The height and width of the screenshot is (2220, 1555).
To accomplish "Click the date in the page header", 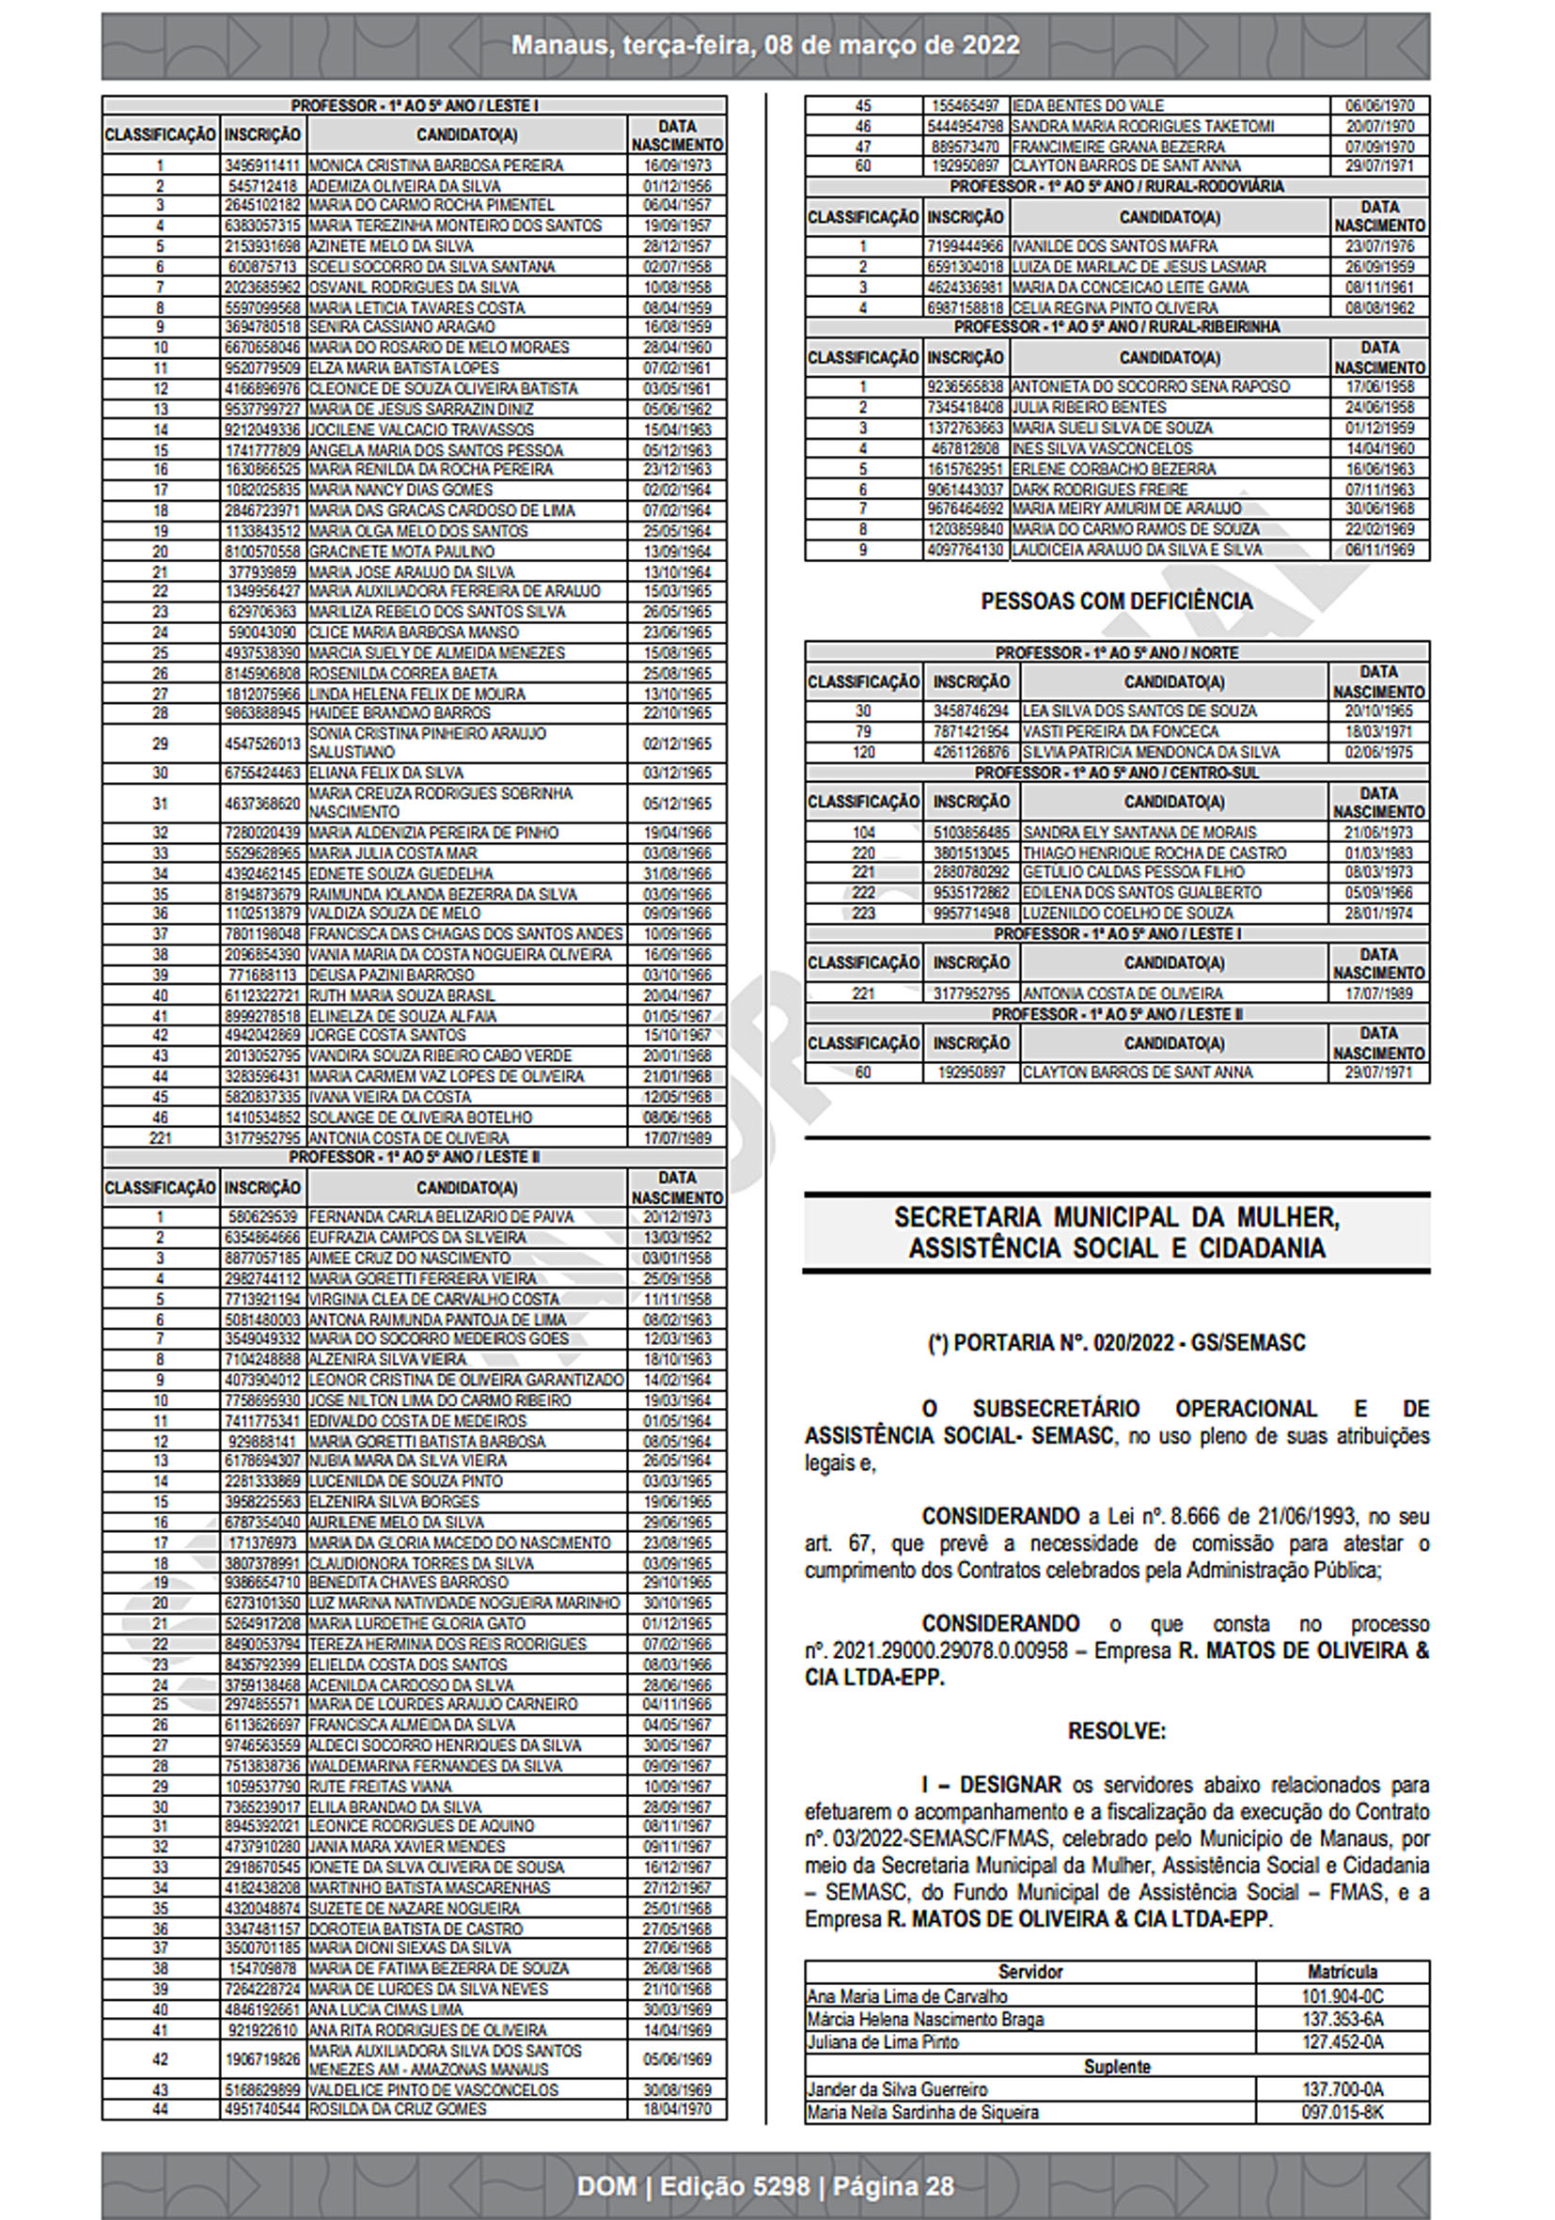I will pyautogui.click(x=765, y=45).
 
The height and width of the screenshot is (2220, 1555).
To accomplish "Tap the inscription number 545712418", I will pyautogui.click(x=262, y=186).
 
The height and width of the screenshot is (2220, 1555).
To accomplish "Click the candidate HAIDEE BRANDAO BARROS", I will pyautogui.click(x=400, y=712).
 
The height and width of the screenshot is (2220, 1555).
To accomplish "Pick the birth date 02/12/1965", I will pyautogui.click(x=677, y=743).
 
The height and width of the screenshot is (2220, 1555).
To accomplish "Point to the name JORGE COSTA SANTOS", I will pyautogui.click(x=386, y=1035).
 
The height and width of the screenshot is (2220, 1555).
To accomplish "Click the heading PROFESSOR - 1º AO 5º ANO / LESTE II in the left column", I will pyautogui.click(x=414, y=1157).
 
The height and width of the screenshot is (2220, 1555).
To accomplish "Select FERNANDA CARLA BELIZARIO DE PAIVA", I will pyautogui.click(x=441, y=1216).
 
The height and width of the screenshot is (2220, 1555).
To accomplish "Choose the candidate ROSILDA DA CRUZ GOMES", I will pyautogui.click(x=398, y=2109).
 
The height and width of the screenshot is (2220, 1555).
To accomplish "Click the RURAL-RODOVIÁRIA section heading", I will pyautogui.click(x=1116, y=186).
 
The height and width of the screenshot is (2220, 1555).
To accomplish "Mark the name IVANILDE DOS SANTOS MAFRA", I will pyautogui.click(x=1114, y=246).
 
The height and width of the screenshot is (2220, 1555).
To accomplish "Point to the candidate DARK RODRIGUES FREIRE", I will pyautogui.click(x=1100, y=490).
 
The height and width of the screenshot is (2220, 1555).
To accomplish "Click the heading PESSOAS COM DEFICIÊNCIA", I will pyautogui.click(x=1116, y=602).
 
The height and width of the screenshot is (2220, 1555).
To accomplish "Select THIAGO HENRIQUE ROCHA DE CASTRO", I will pyautogui.click(x=1154, y=852).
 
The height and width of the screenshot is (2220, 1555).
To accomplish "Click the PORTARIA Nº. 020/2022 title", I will pyautogui.click(x=1116, y=1343).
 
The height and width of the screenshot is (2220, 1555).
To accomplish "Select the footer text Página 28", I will pyautogui.click(x=892, y=2186).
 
